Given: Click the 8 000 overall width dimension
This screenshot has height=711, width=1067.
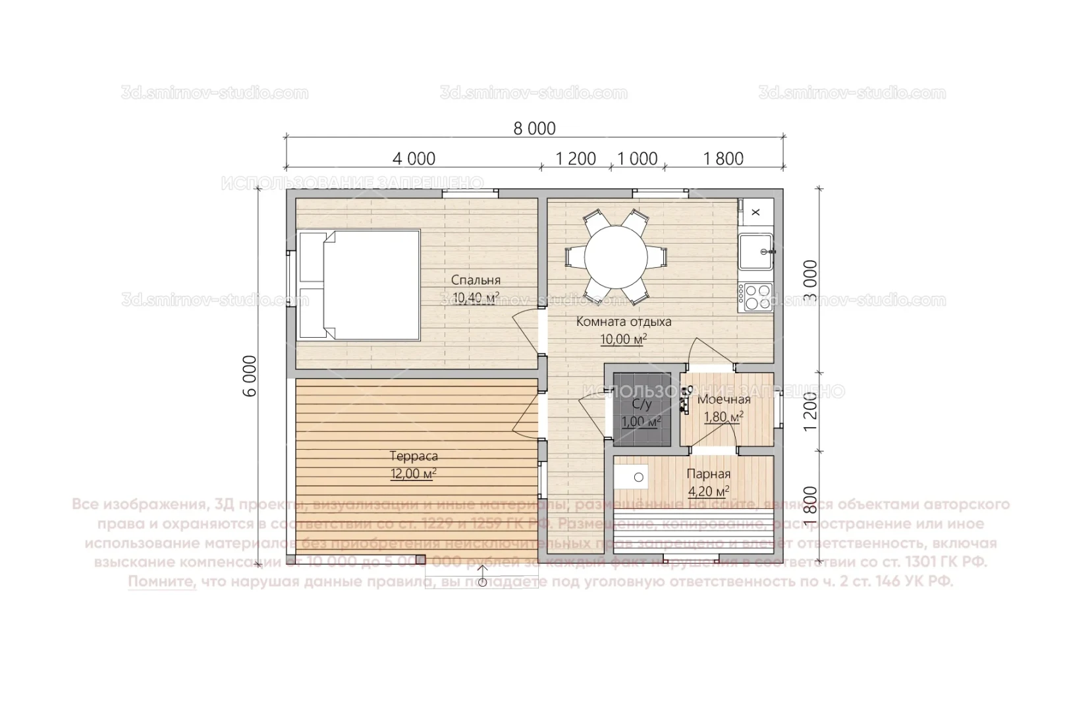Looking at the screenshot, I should tap(534, 128).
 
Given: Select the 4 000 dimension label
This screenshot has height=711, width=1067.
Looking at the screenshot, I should tap(414, 159).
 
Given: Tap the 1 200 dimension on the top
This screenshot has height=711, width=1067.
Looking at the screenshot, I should tap(576, 159).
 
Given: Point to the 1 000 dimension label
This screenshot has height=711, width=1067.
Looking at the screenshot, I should tap(637, 159).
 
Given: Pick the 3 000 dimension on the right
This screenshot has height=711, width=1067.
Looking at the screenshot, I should tap(811, 280).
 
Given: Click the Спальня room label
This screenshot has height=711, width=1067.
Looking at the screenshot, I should tap(476, 280).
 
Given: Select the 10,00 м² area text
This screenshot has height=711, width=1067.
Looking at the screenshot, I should tap(622, 340).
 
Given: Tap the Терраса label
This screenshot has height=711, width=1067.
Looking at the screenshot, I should tap(414, 456).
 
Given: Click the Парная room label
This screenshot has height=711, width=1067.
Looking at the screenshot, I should tap(708, 474).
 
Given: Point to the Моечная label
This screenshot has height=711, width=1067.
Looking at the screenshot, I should tap(724, 400).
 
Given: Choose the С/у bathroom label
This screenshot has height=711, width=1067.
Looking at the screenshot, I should tap(642, 405).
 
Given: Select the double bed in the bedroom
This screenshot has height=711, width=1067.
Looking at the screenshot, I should tap(359, 284).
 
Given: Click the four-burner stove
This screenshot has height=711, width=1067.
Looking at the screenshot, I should tap(755, 296).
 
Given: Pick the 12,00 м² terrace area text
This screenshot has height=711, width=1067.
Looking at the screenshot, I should tap(414, 474).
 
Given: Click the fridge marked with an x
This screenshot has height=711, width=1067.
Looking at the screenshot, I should tap(755, 212).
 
